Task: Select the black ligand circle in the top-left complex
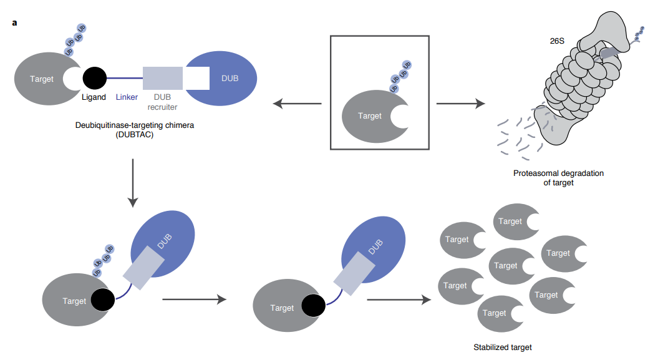point(95,78)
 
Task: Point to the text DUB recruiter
point(162,102)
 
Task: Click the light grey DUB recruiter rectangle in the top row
point(162,78)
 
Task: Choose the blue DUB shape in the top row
point(228,78)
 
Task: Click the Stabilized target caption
point(502,347)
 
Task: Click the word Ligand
point(93,97)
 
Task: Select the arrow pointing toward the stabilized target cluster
point(399,300)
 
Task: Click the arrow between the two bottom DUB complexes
point(193,299)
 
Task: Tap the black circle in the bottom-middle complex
point(313,306)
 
